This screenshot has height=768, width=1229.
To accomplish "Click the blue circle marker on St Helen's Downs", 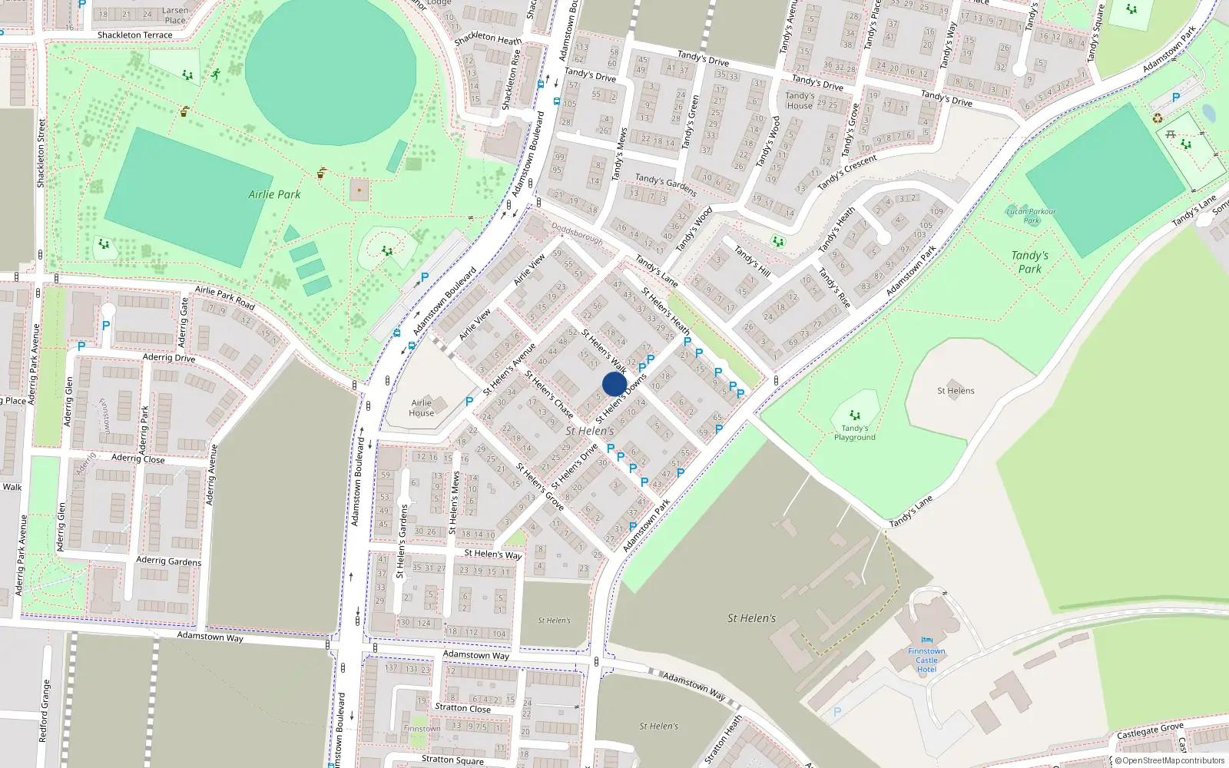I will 614,384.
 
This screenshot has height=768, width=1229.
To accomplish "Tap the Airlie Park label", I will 274,194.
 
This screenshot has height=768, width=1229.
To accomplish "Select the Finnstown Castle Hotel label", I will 926,660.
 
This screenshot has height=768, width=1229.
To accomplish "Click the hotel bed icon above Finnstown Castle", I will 926,640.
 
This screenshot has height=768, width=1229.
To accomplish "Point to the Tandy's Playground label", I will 855,432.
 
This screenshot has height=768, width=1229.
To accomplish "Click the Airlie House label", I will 422,408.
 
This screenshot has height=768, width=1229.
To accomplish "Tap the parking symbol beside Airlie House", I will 469,401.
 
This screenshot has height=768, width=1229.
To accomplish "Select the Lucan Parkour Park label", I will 1031,216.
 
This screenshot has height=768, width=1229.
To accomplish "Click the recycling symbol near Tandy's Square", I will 1157,118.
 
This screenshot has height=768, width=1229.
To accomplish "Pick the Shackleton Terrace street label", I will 135,35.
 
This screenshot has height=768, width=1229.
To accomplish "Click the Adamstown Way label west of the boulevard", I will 210,637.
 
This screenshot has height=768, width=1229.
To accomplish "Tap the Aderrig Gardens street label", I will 168,561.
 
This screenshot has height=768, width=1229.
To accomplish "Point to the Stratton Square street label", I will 452,760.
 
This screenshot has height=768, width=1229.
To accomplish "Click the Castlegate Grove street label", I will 1150,730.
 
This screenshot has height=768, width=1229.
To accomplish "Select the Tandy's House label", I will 800,101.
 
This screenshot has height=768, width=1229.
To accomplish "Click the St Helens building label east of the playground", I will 956,391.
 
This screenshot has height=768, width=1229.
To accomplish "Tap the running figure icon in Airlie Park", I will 216,74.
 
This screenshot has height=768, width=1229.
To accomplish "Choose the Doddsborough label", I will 577,234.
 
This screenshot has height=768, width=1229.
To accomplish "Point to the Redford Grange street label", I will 45,710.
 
